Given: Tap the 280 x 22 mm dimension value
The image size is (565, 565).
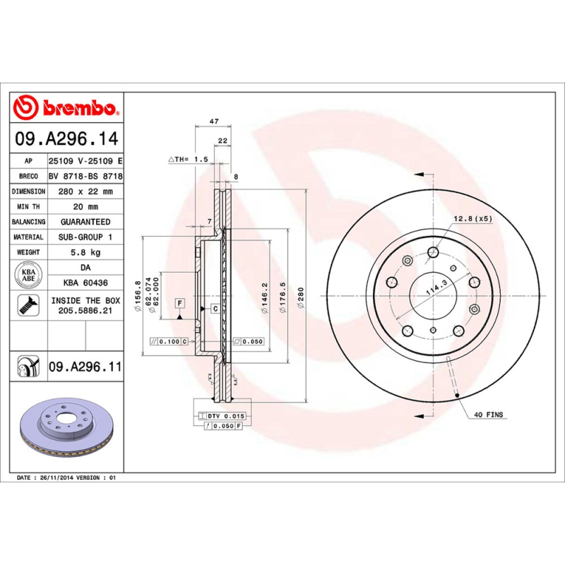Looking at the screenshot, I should click(85, 191).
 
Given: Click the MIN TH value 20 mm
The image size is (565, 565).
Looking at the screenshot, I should click(85, 206).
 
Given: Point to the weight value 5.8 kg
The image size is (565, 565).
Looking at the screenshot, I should click(85, 252).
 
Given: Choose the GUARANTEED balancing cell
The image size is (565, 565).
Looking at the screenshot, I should click(85, 222).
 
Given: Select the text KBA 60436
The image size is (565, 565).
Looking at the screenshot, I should click(85, 282).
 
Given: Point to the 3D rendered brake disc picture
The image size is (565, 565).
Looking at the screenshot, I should click(68, 431).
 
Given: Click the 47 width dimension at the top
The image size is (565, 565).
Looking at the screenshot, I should click(213, 121).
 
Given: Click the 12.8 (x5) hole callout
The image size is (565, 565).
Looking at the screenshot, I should click(472, 218).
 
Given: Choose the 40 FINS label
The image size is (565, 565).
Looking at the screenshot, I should click(489, 415).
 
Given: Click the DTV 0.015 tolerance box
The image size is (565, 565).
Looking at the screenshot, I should click(222, 416).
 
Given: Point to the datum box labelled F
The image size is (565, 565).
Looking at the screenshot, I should click(181, 303).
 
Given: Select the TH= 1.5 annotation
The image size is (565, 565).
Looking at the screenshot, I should click(188, 160).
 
